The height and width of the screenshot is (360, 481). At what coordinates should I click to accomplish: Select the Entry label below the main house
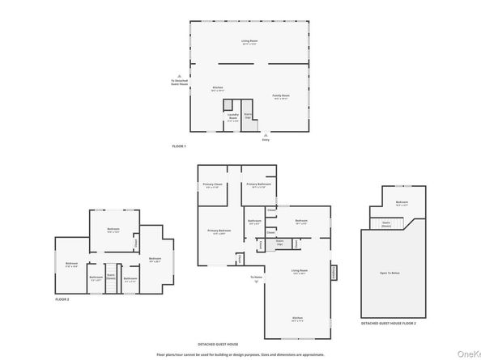[265, 140]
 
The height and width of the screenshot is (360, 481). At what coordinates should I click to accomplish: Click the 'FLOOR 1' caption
[179, 146]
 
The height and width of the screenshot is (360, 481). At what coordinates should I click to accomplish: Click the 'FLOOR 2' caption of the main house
[62, 299]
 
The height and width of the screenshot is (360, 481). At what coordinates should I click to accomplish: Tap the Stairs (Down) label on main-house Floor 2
[111, 276]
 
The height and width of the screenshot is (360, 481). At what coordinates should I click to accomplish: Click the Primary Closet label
[212, 185]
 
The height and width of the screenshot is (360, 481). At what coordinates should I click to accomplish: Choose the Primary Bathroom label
[258, 185]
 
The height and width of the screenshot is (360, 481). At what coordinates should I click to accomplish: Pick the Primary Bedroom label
[219, 231]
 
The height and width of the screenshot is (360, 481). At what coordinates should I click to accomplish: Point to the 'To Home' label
[255, 277]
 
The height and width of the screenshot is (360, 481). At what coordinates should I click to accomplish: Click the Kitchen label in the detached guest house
[297, 318]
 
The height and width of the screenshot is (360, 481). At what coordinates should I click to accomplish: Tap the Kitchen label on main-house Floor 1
[217, 87]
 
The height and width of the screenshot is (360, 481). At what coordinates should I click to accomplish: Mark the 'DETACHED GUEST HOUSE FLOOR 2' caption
[388, 324]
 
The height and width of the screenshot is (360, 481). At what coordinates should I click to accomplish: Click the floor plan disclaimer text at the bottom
[240, 354]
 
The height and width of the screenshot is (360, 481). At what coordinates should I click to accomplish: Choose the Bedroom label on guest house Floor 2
[401, 202]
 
